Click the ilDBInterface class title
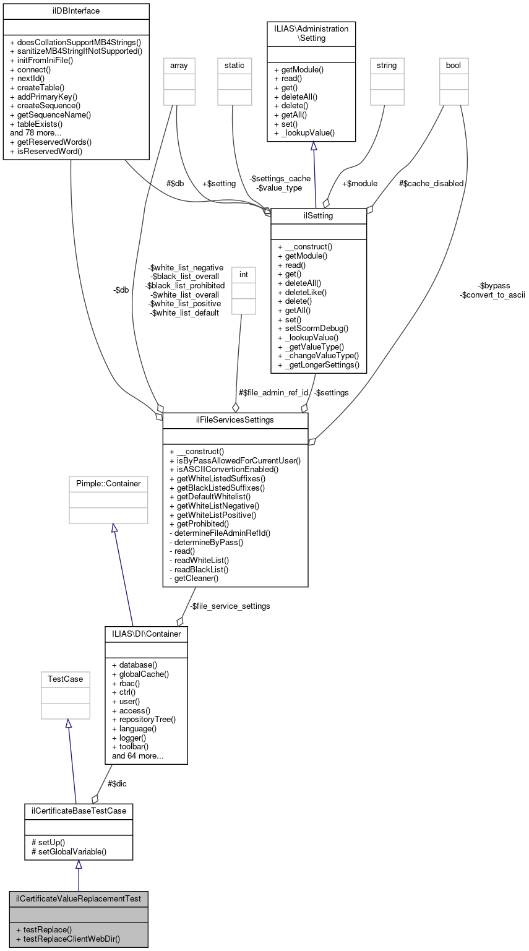point(76,11)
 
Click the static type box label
point(234,65)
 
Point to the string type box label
point(387,65)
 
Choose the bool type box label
point(454,65)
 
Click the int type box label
point(243,273)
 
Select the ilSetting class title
point(319,216)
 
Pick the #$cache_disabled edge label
point(431,183)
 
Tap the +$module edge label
point(359,183)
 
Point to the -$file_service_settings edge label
point(230,606)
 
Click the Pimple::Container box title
point(108,483)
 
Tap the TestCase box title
point(66,679)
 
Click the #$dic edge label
point(118,783)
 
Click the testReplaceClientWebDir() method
point(67,939)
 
